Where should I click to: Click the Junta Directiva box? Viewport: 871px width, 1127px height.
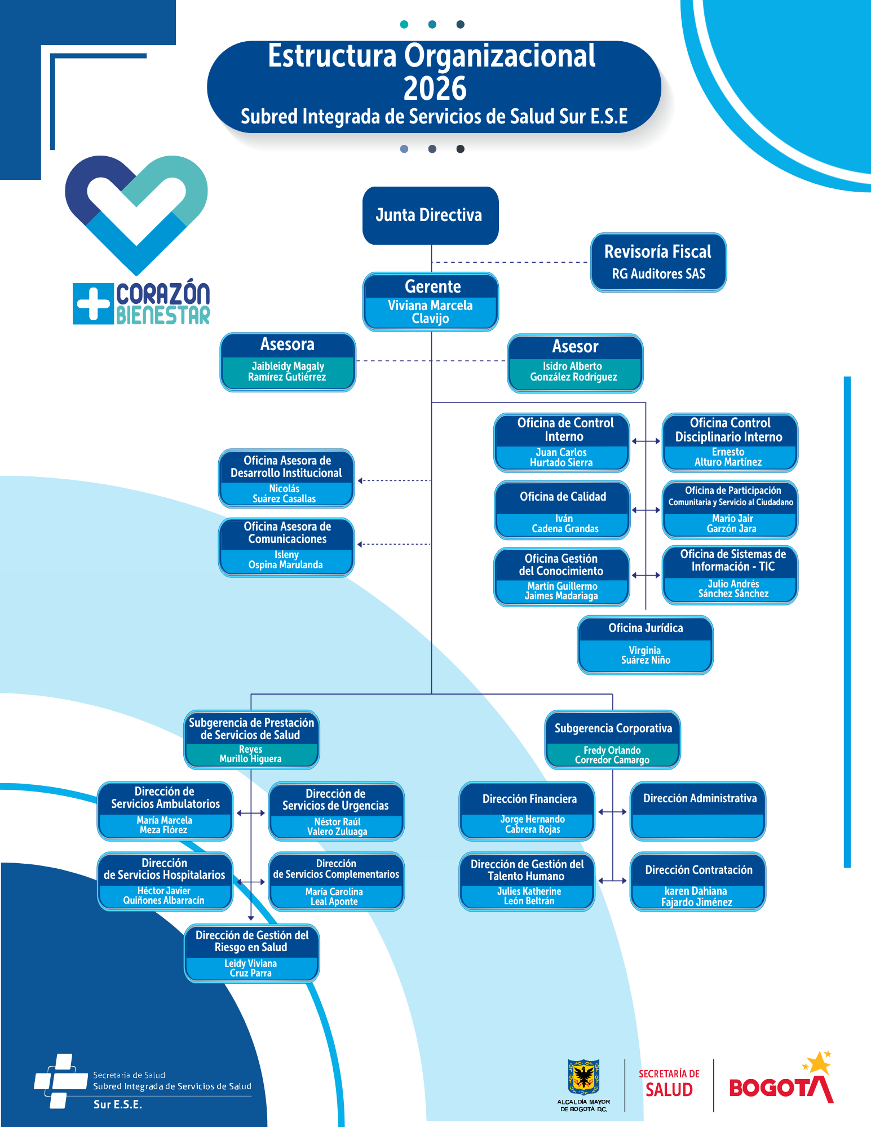(x=431, y=215)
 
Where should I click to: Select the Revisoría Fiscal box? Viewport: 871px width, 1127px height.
(x=658, y=262)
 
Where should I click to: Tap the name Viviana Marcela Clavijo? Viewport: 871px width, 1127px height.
(x=430, y=312)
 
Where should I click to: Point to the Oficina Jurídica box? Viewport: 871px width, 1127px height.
(x=645, y=644)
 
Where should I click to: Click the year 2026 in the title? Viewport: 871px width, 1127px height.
(x=435, y=89)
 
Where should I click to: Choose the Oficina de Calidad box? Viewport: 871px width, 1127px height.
(x=562, y=510)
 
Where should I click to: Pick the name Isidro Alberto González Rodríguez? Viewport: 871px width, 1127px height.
(x=573, y=372)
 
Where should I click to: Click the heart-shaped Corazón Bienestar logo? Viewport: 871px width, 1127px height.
(x=136, y=214)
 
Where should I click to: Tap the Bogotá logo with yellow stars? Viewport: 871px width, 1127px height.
(x=781, y=1079)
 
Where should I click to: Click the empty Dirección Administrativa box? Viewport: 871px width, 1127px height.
(x=698, y=811)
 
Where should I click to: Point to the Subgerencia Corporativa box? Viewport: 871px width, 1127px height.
(x=613, y=740)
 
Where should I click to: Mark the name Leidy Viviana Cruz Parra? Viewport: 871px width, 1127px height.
(x=251, y=968)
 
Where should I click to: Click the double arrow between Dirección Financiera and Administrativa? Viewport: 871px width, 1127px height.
(x=612, y=812)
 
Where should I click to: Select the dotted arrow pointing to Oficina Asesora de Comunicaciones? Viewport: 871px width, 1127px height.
(x=394, y=544)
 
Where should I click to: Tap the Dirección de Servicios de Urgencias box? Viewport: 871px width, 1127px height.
(x=337, y=811)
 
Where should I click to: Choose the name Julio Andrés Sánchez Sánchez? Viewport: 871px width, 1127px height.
(x=733, y=589)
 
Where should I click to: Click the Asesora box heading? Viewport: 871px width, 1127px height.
(x=288, y=344)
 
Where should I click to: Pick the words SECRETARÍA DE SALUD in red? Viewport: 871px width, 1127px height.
(x=669, y=1083)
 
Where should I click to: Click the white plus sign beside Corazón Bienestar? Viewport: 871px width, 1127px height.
(x=93, y=303)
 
